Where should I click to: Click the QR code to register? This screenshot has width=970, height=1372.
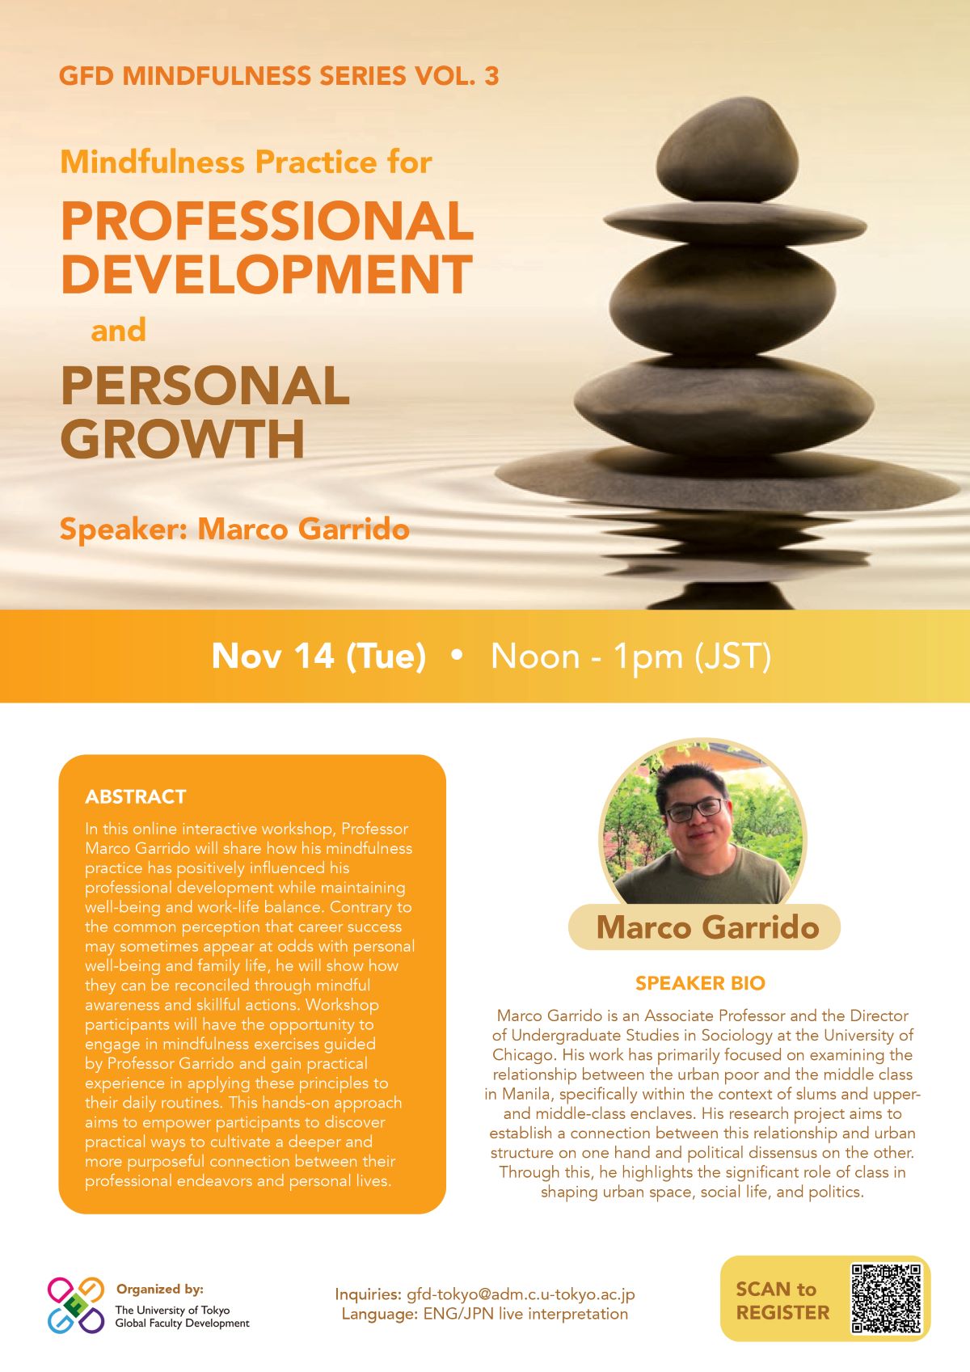pos(886,1298)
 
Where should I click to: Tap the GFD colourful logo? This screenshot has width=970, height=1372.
pos(76,1305)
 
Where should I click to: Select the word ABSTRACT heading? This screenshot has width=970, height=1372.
pos(135,796)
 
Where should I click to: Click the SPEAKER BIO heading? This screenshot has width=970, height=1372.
pos(700,983)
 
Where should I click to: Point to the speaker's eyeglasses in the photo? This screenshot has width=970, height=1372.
pos(694,810)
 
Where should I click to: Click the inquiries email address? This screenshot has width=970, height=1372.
pos(521,1294)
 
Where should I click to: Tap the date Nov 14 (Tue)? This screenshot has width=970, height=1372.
pos(318,656)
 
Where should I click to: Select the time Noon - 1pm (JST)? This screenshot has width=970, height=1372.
pos(630,656)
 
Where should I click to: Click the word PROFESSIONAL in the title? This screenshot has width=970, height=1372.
pos(267,221)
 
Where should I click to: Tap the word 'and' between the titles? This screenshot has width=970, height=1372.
pos(118,330)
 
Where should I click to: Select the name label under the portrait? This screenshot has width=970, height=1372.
pos(705,927)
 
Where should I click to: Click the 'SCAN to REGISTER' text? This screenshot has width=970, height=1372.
pos(782,1300)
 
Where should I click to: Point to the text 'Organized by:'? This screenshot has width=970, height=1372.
pos(160,1290)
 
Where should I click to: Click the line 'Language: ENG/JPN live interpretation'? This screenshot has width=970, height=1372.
pos(484,1314)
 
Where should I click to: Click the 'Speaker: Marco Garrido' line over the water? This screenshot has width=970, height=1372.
pos(234,530)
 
